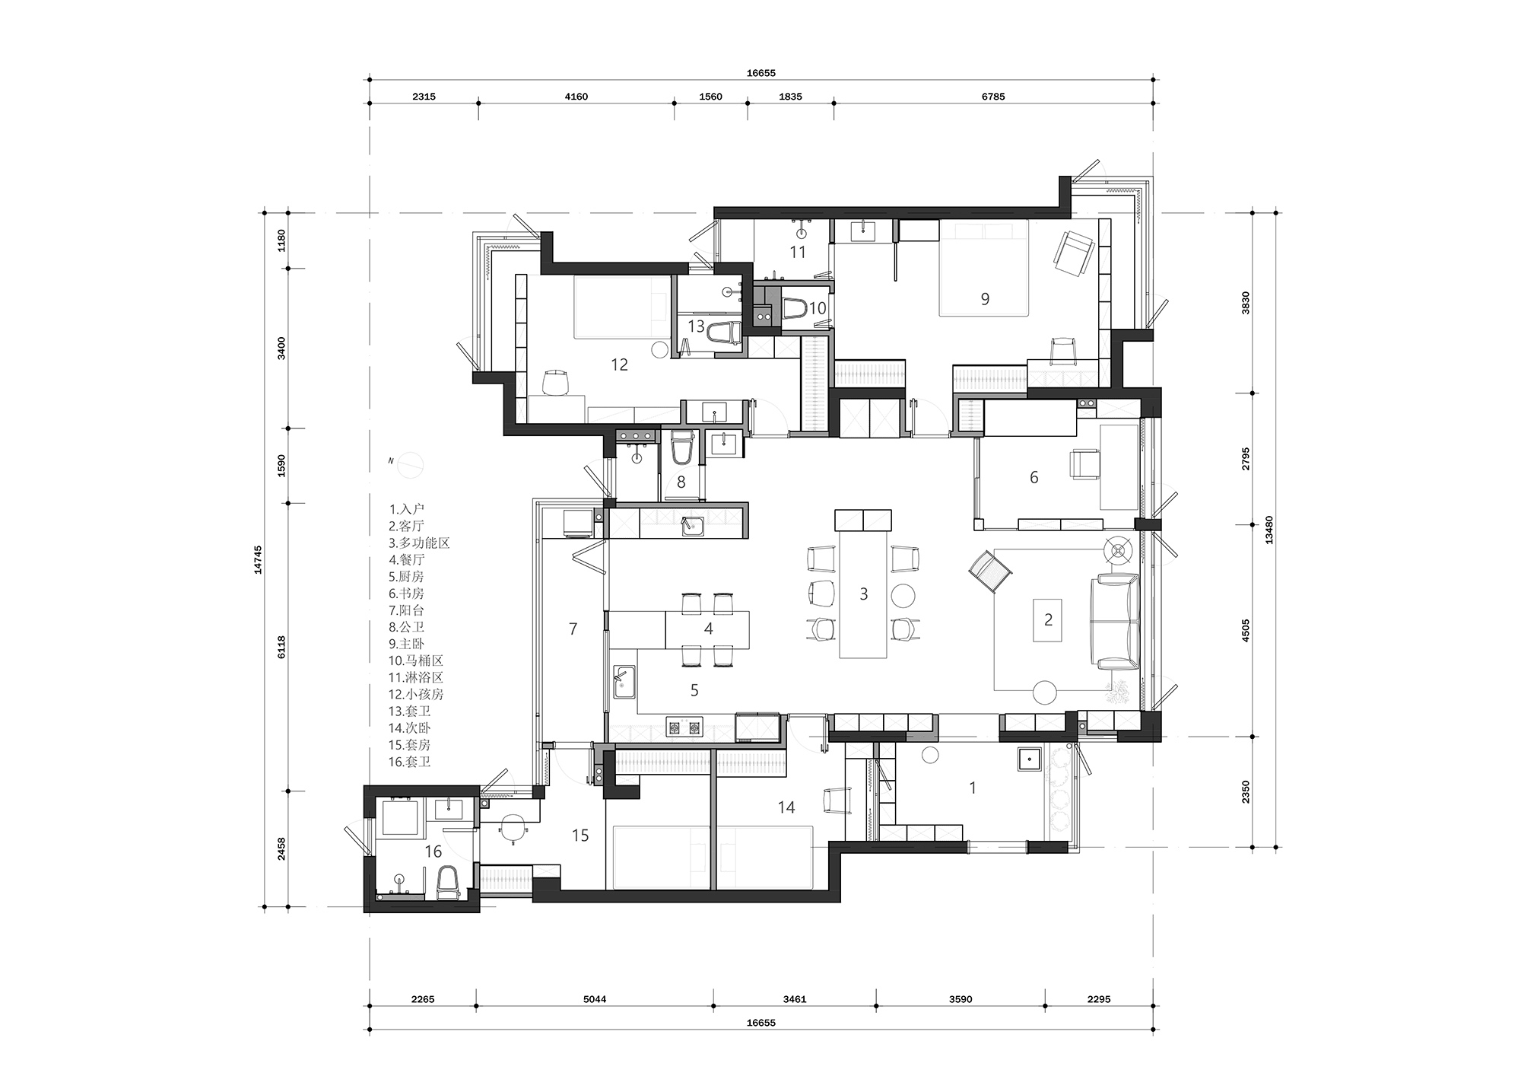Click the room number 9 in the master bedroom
coord(985,299)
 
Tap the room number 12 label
coord(619,365)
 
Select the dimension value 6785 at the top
coord(993,97)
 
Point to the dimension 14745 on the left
coord(259,559)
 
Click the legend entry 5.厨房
coord(406,576)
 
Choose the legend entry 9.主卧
coord(406,644)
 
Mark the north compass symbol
coord(409,463)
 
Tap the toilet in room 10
coord(794,308)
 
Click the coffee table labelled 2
coord(1048,620)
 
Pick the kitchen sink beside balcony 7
coord(625,681)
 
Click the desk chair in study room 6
coord(1084,464)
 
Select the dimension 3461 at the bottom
coord(794,999)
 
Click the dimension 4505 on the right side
coord(1246,631)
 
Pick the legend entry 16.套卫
coord(410,762)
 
